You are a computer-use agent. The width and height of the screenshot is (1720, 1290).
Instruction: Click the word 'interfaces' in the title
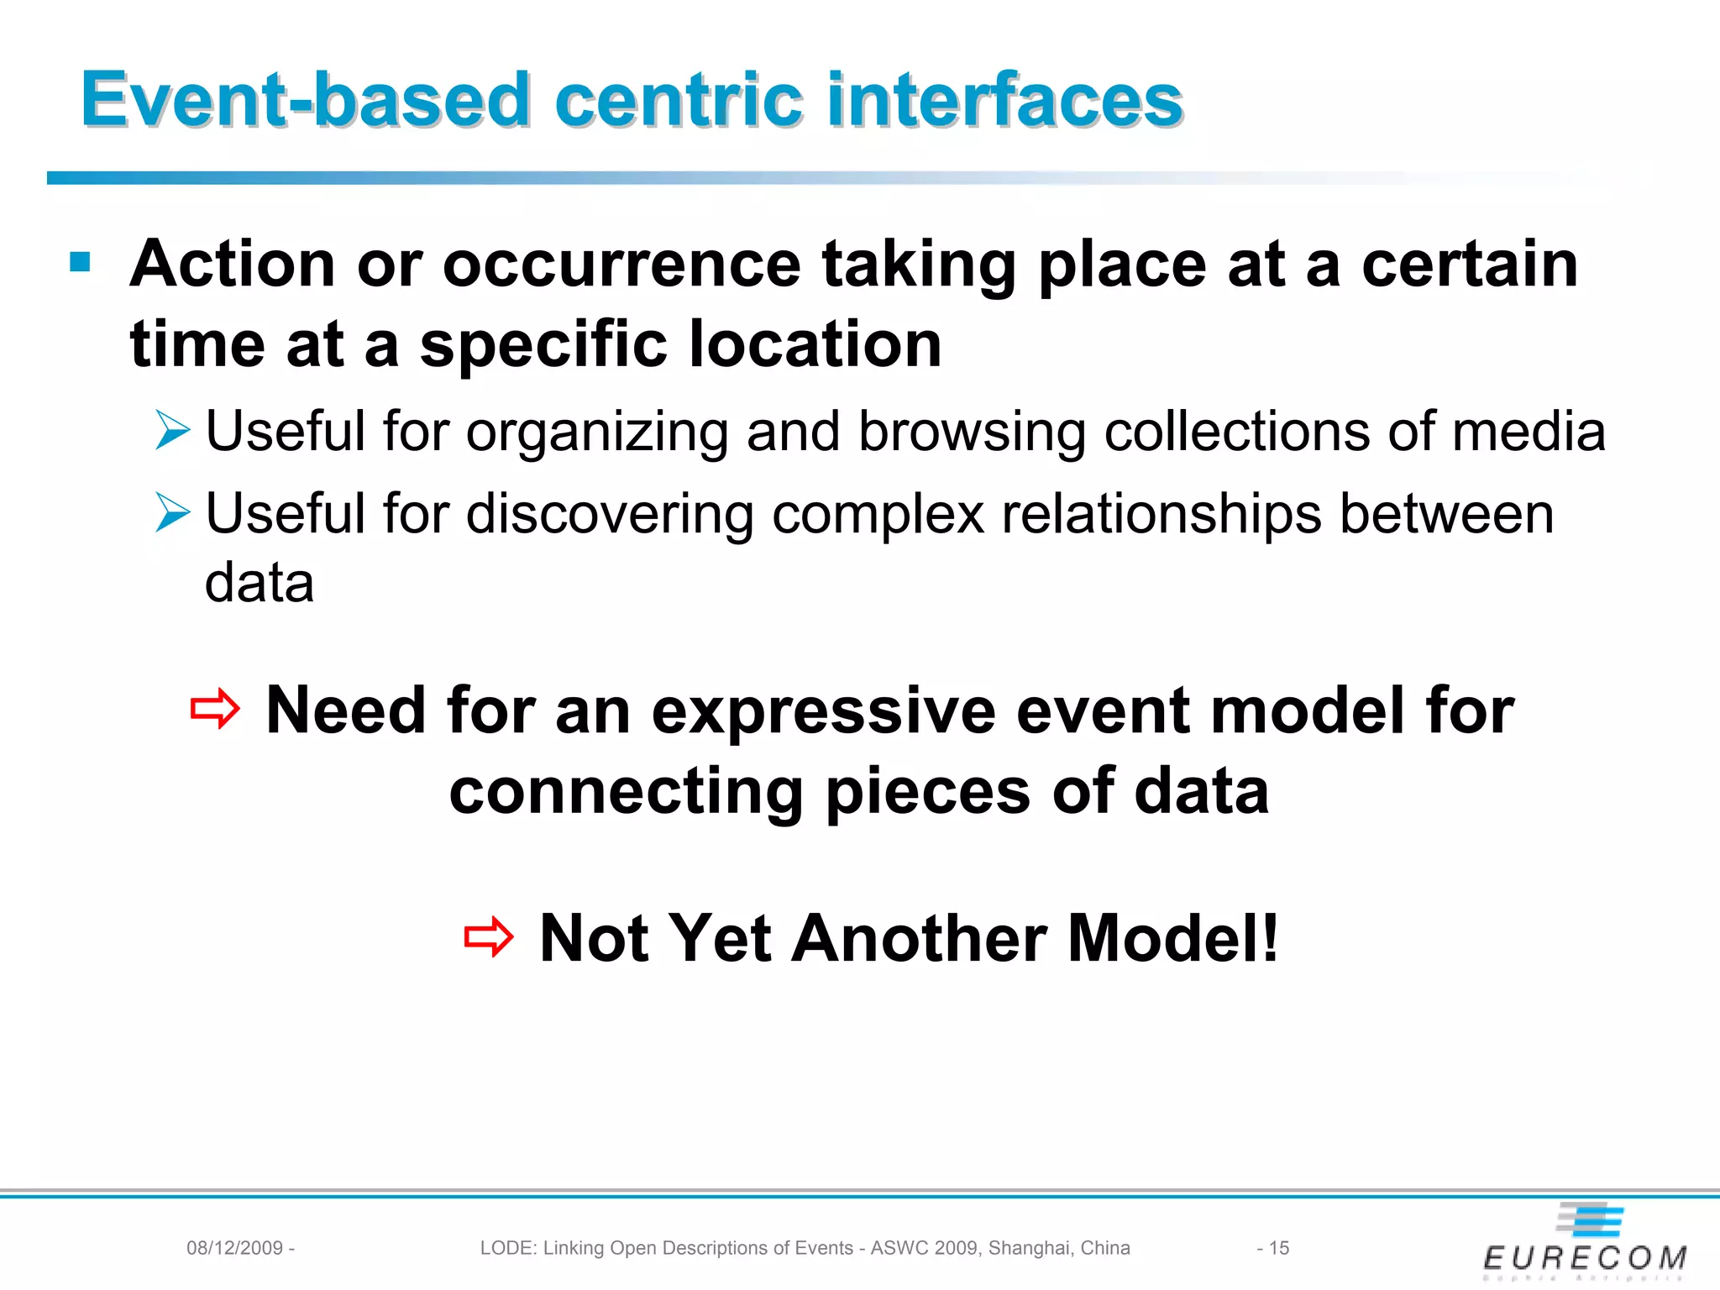click(x=1004, y=101)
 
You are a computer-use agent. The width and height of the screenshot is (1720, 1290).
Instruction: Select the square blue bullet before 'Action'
click(x=81, y=263)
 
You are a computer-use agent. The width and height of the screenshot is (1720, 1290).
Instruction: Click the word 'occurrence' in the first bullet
click(x=621, y=265)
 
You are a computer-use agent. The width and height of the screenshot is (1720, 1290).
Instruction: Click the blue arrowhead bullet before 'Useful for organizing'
click(x=173, y=431)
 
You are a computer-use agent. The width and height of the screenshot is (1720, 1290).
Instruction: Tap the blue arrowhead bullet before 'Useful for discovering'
click(x=173, y=513)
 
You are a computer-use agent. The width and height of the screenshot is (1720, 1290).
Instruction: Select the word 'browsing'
click(x=972, y=433)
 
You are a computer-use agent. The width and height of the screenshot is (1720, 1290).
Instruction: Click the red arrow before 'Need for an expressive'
click(x=215, y=710)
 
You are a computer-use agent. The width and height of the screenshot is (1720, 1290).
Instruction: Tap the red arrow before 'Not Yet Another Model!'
click(x=488, y=937)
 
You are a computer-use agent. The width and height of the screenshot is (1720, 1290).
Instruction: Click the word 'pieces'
click(x=928, y=792)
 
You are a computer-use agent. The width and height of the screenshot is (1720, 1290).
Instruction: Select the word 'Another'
click(x=919, y=938)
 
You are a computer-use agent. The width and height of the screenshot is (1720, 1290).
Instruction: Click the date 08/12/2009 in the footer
click(x=234, y=1248)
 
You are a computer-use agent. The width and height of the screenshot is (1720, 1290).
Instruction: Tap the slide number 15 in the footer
click(x=1278, y=1248)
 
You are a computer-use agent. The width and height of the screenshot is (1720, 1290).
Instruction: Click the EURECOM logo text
click(x=1585, y=1257)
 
